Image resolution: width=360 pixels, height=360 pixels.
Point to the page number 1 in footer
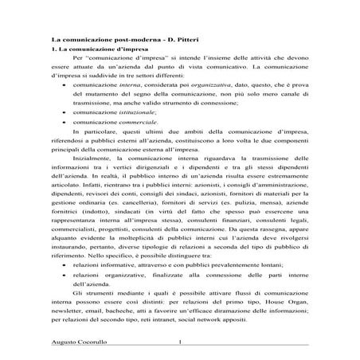[x=182, y=344]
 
